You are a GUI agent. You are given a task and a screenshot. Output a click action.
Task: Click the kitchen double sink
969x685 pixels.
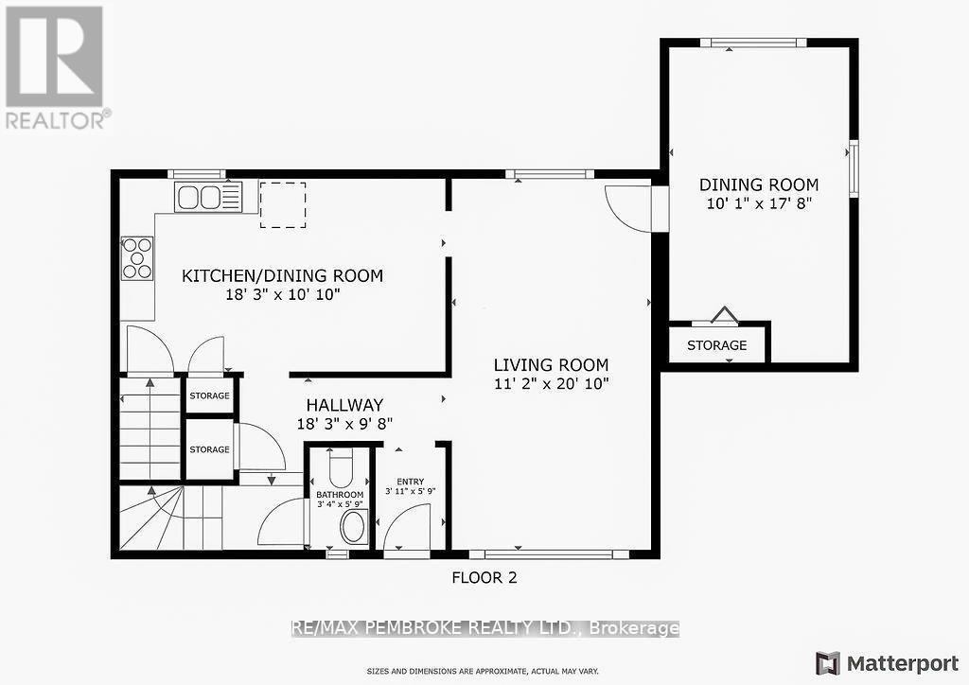[208, 197]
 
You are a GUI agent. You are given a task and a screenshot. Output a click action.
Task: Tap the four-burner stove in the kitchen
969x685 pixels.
[136, 258]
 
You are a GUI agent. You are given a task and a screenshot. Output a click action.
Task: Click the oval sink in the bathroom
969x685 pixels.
[353, 527]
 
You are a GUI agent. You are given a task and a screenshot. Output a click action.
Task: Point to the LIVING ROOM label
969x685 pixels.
[551, 365]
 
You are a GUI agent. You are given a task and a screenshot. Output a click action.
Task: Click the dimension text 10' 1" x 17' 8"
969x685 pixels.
[758, 203]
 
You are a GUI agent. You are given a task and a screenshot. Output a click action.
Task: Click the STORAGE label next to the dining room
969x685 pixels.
[716, 345]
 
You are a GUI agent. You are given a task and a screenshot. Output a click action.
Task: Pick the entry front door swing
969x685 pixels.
[409, 528]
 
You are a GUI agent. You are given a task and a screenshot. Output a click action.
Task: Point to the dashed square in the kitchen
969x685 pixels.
[283, 205]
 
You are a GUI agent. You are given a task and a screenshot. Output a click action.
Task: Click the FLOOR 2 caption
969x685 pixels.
[484, 577]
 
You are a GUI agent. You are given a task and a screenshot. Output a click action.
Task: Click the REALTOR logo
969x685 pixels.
[55, 66]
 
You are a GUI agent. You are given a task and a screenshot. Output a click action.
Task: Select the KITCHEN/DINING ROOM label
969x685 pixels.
[282, 276]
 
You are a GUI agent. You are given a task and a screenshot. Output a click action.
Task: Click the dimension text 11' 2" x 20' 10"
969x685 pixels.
[551, 383]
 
